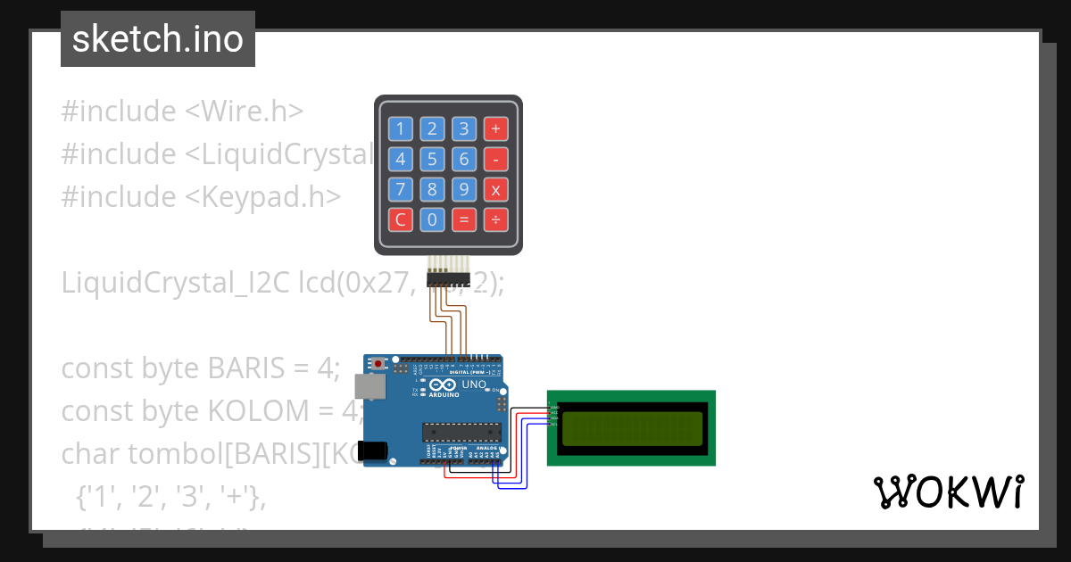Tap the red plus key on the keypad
tap(495, 129)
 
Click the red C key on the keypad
tap(400, 219)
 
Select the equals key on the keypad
tap(463, 219)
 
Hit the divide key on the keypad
tap(495, 219)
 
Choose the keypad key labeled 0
tap(432, 219)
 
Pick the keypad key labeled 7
tap(400, 189)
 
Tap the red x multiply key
tap(495, 189)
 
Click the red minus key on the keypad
tap(495, 160)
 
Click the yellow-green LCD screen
tap(632, 428)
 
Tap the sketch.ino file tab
tap(158, 39)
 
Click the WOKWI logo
tap(949, 492)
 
